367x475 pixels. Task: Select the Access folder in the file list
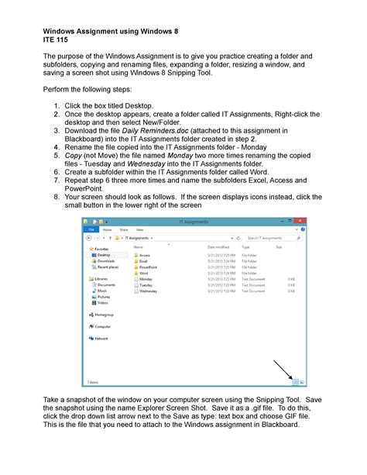(145, 255)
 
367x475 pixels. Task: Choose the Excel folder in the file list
(144, 262)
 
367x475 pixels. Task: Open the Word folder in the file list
(144, 274)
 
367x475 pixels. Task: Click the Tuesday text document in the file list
(146, 285)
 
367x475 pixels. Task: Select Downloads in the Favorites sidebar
(106, 261)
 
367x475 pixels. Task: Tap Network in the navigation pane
(101, 339)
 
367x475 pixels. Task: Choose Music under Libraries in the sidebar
(102, 291)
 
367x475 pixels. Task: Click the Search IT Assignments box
(271, 239)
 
